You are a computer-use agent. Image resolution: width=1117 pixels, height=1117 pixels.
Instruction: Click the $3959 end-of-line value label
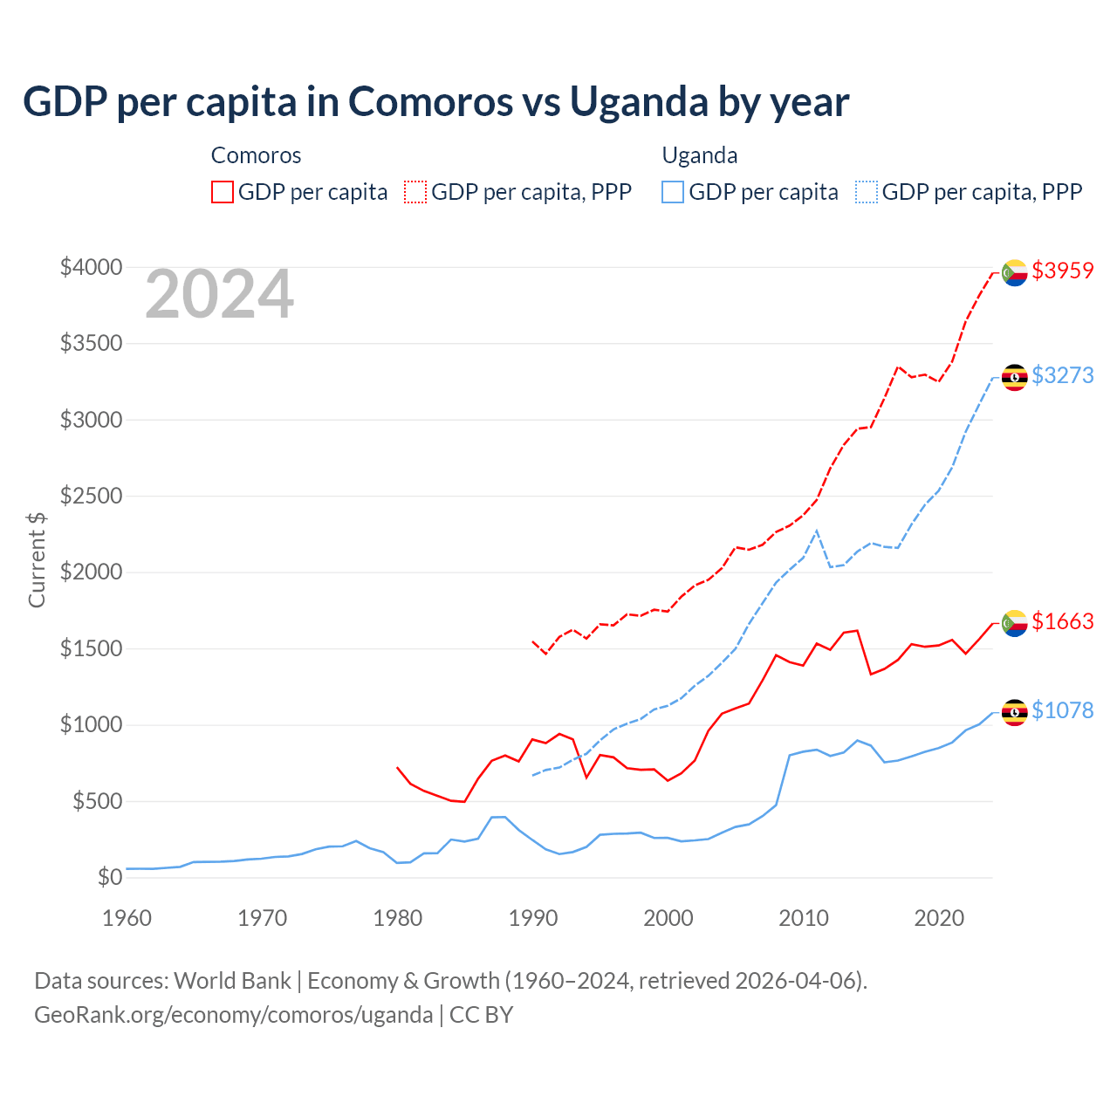coord(1062,271)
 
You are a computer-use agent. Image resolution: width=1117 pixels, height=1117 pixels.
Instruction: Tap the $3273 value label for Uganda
coord(1062,375)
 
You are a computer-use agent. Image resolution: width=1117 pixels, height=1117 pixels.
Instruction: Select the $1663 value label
coord(1062,621)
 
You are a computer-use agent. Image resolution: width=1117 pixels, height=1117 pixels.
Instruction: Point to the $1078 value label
coord(1062,710)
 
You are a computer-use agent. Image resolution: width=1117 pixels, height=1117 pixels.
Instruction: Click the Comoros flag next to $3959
coord(1014,273)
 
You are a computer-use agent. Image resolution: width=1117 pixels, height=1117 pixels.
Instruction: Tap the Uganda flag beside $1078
coord(1014,712)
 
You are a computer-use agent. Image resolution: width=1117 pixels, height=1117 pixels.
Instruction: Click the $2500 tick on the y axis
coord(91,496)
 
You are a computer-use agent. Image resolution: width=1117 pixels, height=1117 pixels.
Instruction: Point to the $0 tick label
coord(109,877)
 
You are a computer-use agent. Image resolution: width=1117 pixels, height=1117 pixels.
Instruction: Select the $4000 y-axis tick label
coord(91,267)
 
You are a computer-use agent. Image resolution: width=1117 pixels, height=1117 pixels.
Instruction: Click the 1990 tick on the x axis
coord(532,918)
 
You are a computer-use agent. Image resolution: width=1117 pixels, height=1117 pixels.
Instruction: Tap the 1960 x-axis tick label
coord(127,918)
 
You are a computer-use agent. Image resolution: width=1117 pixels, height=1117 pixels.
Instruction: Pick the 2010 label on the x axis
coord(803,918)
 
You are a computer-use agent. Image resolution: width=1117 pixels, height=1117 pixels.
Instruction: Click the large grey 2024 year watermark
coord(219,294)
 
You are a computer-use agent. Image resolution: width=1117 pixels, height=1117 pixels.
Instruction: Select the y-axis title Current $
coord(37,560)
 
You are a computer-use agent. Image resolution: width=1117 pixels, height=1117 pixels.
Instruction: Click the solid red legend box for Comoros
coord(223,192)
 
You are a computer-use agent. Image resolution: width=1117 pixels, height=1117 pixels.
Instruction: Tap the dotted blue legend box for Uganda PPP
coord(867,192)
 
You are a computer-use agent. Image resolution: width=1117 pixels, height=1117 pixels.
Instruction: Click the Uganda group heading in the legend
coord(700,155)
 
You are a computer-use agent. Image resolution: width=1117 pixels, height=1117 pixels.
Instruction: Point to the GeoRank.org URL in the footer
coord(233,1015)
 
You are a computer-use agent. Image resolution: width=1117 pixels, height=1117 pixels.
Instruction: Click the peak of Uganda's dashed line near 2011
coord(816,531)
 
